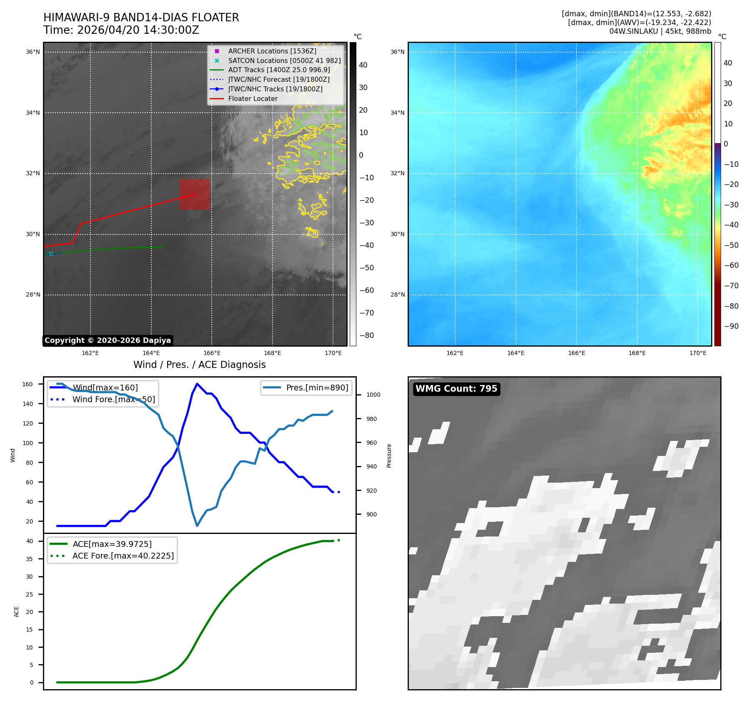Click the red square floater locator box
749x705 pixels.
pyautogui.click(x=195, y=194)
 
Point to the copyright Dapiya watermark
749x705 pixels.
pyautogui.click(x=108, y=340)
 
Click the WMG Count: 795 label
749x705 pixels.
pyautogui.click(x=456, y=389)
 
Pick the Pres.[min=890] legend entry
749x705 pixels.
pyautogui.click(x=306, y=388)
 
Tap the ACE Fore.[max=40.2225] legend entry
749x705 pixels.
pyautogui.click(x=112, y=556)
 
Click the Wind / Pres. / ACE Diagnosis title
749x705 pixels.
pyautogui.click(x=200, y=365)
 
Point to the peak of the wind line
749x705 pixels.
pyautogui.click(x=197, y=384)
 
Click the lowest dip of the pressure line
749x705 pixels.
pyautogui.click(x=197, y=526)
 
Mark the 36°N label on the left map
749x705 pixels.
pyautogui.click(x=33, y=52)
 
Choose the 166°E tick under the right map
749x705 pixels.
pyautogui.click(x=576, y=353)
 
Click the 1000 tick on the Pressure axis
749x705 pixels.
pyautogui.click(x=373, y=395)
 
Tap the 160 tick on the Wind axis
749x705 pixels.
pyautogui.click(x=28, y=384)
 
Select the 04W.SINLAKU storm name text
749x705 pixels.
pyautogui.click(x=634, y=31)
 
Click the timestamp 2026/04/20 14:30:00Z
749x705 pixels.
pyautogui.click(x=138, y=30)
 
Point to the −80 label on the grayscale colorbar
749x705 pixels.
pyautogui.click(x=367, y=335)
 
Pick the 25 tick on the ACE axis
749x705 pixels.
pyautogui.click(x=29, y=594)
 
